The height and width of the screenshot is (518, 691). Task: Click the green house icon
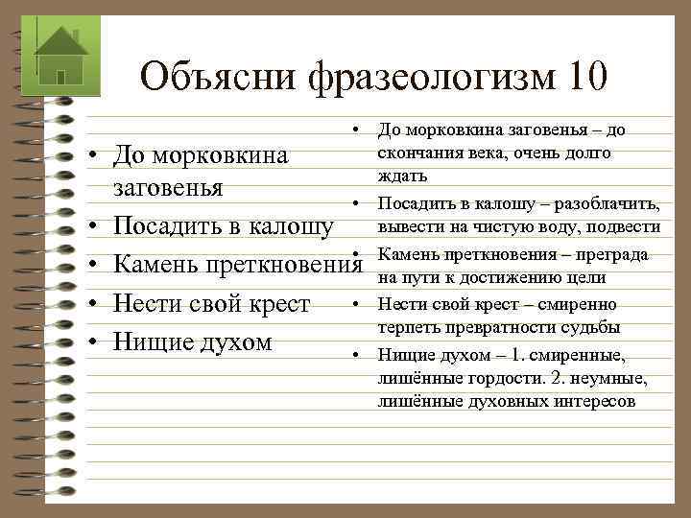60,55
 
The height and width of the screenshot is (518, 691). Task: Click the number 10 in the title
579,75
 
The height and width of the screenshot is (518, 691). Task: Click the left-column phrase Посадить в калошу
224,226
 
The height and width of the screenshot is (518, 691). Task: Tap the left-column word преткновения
281,266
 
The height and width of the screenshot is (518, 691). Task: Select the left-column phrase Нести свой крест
211,304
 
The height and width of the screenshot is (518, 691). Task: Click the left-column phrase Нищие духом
192,341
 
